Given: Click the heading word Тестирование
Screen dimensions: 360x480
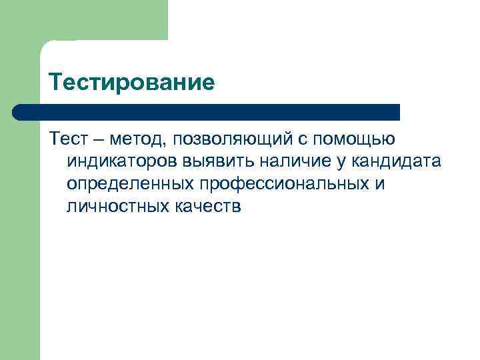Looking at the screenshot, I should point(131,83).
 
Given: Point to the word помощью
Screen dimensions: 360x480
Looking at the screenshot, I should point(360,140).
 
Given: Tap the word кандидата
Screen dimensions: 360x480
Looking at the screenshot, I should point(393,161).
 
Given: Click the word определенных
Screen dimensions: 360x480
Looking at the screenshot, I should point(130,185).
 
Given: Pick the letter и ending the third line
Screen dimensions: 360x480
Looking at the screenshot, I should point(380,184).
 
